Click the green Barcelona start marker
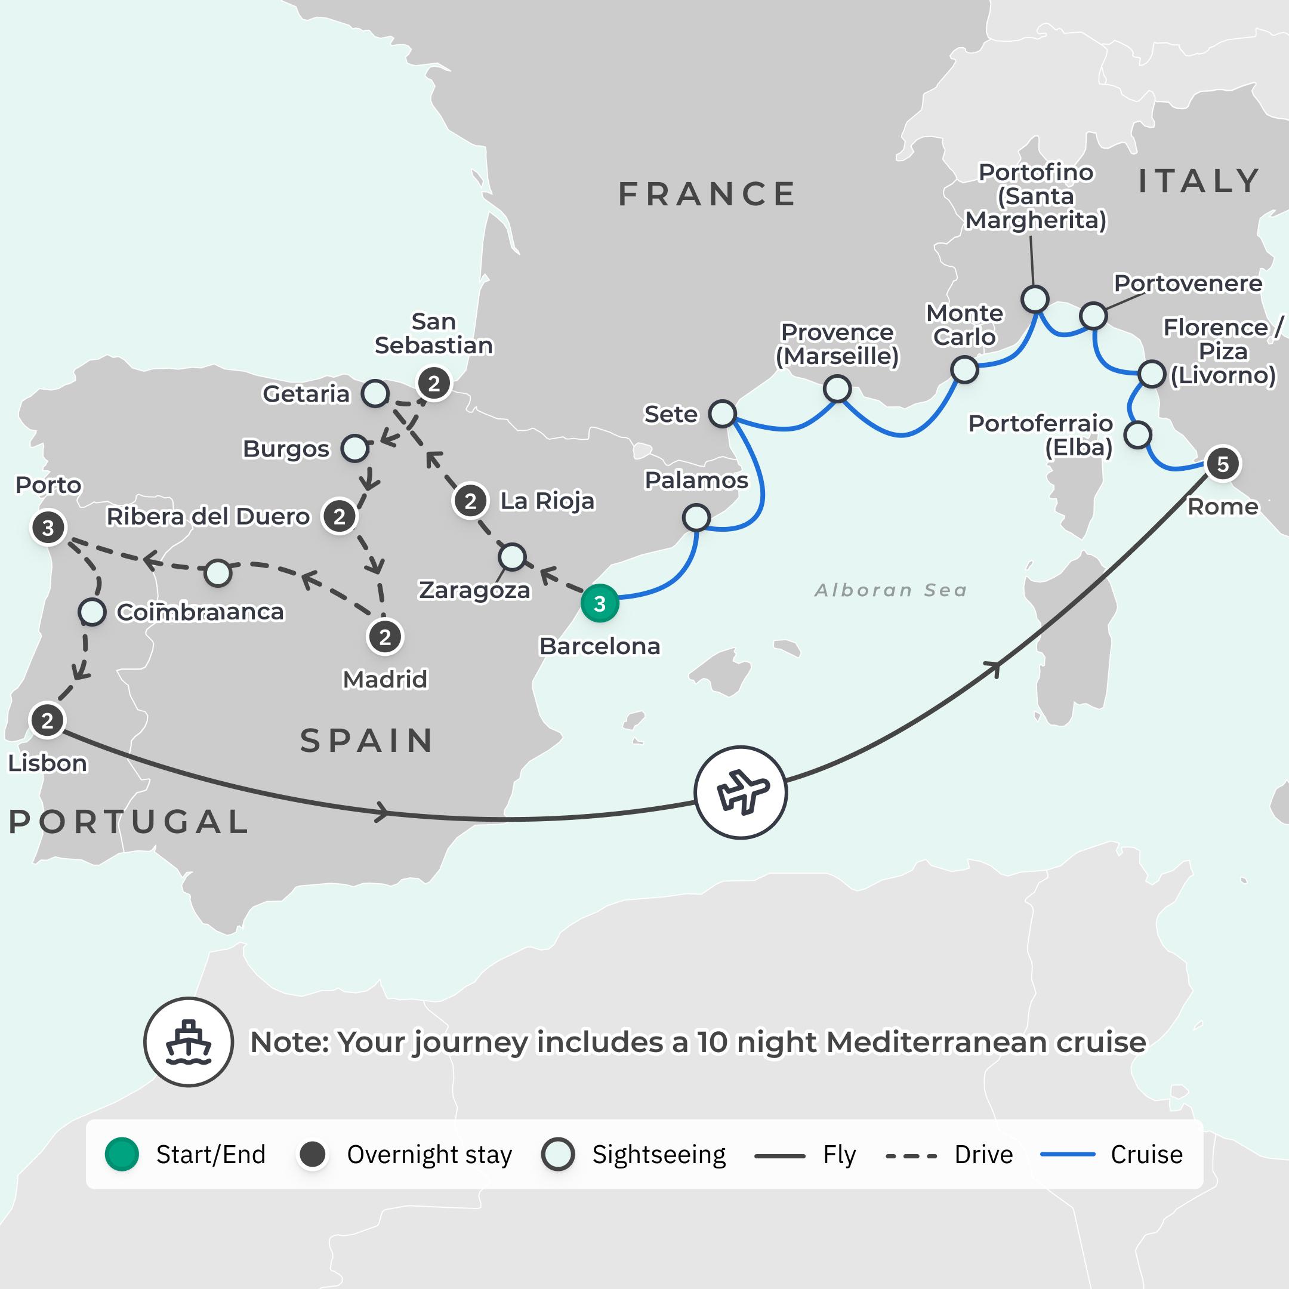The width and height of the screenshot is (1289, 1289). coord(599,604)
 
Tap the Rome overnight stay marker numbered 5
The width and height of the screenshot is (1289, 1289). coord(1222,464)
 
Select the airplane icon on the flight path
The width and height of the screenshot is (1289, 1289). coord(741,792)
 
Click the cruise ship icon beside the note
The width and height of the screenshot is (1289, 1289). coord(188,1041)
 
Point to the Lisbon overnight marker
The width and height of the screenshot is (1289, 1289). coord(47,720)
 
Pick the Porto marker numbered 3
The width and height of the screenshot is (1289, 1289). coord(48,528)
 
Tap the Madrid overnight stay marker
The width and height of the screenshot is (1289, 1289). coord(384,637)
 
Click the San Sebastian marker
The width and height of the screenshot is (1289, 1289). coord(434,384)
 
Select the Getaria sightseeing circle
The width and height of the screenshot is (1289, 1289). coord(375,394)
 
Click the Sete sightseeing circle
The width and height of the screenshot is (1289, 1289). coord(722,414)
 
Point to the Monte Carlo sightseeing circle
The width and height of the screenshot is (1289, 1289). coord(964,369)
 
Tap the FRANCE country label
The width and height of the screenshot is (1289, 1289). coord(707,194)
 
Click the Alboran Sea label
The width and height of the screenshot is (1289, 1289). coord(891,590)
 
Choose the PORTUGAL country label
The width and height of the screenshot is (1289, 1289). coord(129,821)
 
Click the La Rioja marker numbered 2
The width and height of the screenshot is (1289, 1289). coord(470,501)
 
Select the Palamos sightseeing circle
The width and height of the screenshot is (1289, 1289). coord(696,517)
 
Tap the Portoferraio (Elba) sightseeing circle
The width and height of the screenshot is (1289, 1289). coord(1137,435)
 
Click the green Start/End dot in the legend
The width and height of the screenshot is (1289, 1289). coord(121,1154)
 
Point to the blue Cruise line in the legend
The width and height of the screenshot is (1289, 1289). coord(1068,1154)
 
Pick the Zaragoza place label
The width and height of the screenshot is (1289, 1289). coord(474,590)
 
